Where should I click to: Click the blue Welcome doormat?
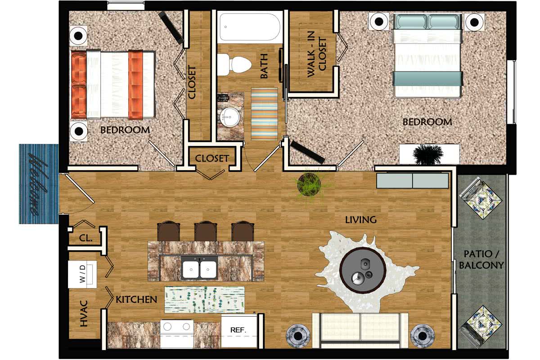[x=39, y=184]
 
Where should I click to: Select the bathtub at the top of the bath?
[x=250, y=27]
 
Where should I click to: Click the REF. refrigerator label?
[x=238, y=330]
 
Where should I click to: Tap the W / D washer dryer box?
[x=82, y=274]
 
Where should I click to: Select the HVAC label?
[x=84, y=314]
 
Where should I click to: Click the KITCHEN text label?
[x=136, y=299]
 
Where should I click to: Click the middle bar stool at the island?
[x=204, y=231]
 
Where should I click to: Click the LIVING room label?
[x=360, y=220]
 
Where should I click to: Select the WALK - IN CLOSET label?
[x=317, y=58]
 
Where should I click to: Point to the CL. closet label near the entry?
[x=85, y=238]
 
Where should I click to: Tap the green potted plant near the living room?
[x=310, y=184]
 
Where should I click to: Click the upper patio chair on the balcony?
[x=480, y=198]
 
